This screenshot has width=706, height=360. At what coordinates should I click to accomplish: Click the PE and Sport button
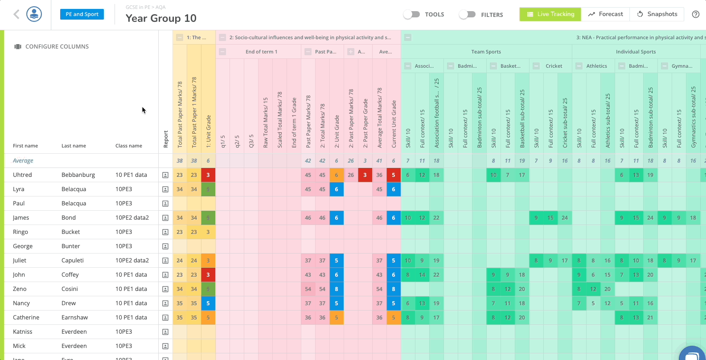(x=82, y=14)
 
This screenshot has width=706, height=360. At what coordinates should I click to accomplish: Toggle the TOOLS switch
(x=412, y=14)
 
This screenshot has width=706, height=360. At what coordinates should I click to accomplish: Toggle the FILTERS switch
(x=467, y=14)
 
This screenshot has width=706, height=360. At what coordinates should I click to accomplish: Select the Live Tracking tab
(x=550, y=14)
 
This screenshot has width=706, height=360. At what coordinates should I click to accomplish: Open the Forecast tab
(x=606, y=14)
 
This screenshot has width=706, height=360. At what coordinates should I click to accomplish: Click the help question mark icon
(x=695, y=14)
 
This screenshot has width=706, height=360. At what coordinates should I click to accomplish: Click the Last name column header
(x=74, y=146)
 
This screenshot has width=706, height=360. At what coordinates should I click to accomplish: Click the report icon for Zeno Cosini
(x=165, y=289)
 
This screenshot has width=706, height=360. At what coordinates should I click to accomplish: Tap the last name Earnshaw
(x=74, y=317)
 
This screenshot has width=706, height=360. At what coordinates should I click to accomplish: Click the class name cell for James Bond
(x=132, y=217)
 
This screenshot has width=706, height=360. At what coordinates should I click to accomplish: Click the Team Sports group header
(x=486, y=52)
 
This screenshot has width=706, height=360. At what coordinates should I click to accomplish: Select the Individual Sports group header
(x=636, y=52)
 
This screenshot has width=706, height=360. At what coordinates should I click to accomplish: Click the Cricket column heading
(x=554, y=66)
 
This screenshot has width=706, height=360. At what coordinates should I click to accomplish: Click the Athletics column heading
(x=596, y=66)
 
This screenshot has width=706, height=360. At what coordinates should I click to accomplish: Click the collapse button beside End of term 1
(x=222, y=52)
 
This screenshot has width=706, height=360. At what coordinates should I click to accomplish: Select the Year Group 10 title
(x=161, y=18)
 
